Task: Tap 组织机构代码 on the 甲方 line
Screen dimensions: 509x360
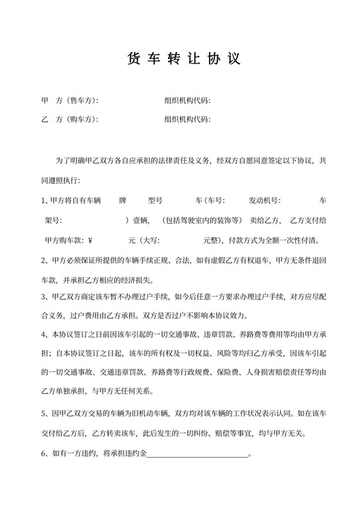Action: coord(187,101)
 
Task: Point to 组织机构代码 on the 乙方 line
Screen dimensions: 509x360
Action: coord(187,120)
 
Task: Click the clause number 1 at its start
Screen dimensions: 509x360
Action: coord(43,201)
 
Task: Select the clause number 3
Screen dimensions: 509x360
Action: coord(43,297)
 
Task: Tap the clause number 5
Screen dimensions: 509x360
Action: coord(43,415)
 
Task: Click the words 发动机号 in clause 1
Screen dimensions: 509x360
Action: coord(264,201)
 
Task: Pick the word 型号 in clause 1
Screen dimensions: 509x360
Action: coord(155,201)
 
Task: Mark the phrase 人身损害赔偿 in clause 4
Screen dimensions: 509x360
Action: coord(275,372)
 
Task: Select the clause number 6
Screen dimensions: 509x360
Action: coord(43,454)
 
